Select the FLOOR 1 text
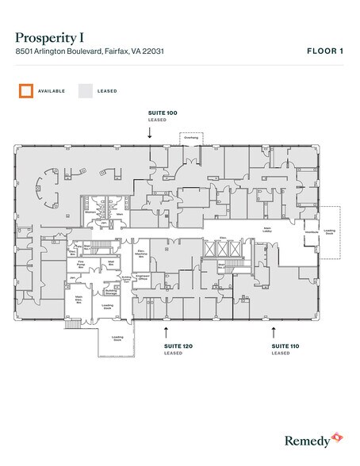point(325,51)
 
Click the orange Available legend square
point(26,91)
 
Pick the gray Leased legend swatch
point(85,91)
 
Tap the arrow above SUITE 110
point(274,330)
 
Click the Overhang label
point(191,137)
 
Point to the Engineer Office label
point(144,277)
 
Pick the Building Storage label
point(112,292)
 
